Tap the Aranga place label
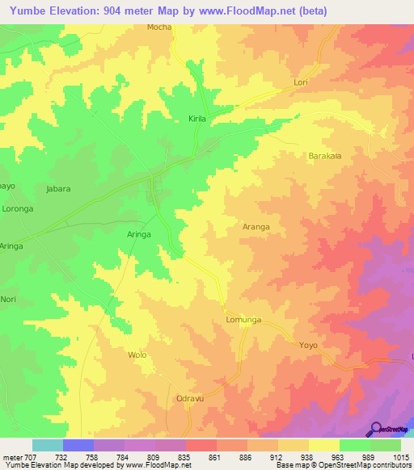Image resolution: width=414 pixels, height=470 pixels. (256, 227)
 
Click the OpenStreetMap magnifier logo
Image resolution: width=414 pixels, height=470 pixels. (376, 429)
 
